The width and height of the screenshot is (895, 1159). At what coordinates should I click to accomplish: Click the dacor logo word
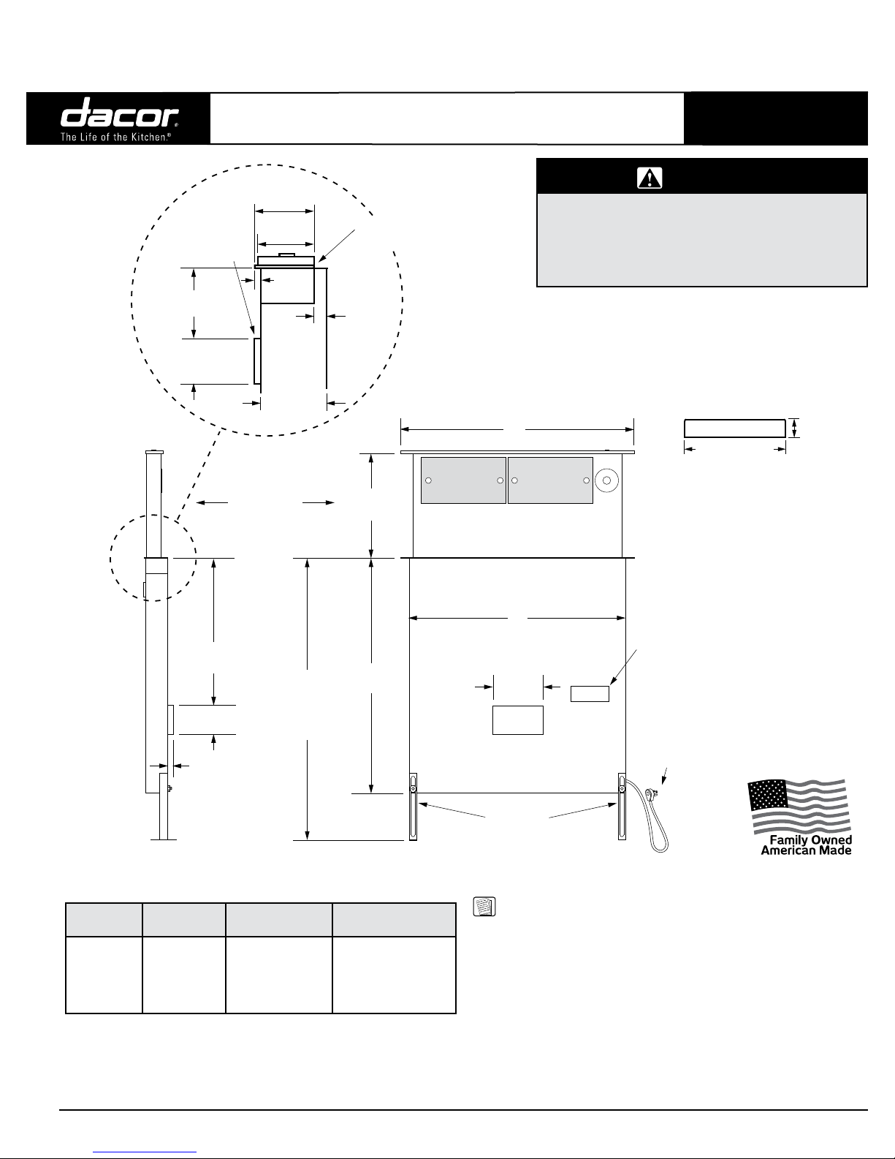tap(119, 113)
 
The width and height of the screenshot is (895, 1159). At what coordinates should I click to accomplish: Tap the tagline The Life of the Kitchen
tap(115, 137)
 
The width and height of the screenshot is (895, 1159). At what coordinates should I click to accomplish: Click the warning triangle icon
tap(650, 178)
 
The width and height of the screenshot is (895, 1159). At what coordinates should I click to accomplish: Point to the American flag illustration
tap(799, 806)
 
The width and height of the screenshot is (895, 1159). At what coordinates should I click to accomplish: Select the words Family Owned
tap(811, 840)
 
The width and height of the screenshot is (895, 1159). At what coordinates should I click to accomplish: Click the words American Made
tap(806, 850)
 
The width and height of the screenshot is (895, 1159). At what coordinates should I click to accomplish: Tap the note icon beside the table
tap(484, 907)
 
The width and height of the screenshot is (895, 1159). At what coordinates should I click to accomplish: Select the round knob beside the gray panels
tap(606, 480)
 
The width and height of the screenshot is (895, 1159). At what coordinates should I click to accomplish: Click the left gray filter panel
tap(463, 480)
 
